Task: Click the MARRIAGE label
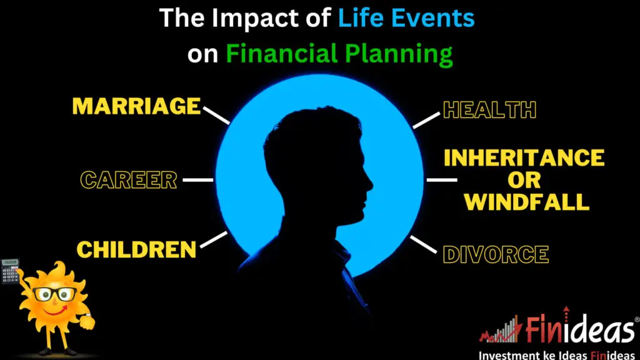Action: click(x=136, y=106)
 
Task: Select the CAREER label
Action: click(x=129, y=180)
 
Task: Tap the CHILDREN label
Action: click(x=136, y=249)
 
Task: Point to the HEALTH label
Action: click(x=489, y=110)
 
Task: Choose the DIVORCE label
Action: click(x=496, y=255)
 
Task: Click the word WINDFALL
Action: click(x=526, y=202)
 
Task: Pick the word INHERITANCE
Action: click(x=524, y=157)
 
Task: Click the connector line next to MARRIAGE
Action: click(x=216, y=116)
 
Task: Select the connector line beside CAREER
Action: click(x=197, y=179)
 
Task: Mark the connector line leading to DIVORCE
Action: click(x=423, y=244)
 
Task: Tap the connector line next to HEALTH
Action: click(x=426, y=121)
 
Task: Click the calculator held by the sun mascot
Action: click(x=10, y=271)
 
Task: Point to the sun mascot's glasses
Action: click(x=55, y=294)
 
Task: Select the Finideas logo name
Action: click(x=579, y=329)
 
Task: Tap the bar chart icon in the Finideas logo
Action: click(x=502, y=329)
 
